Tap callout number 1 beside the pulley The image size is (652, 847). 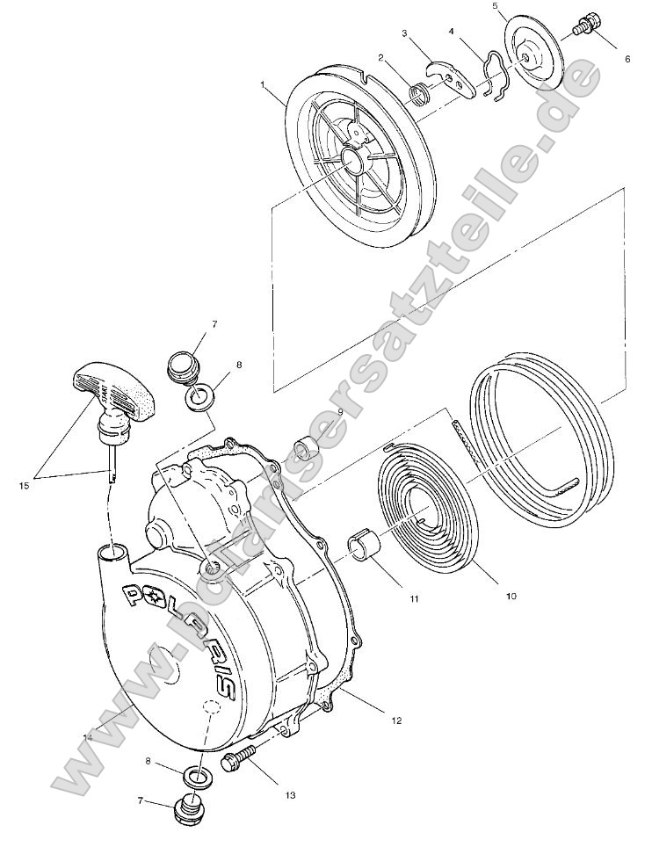[x=263, y=84]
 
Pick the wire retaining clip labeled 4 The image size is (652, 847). [x=492, y=75]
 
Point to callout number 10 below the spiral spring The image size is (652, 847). [x=511, y=596]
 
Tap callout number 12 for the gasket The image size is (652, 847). [x=396, y=720]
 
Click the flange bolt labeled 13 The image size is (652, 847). [x=238, y=757]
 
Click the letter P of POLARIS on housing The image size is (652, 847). [x=129, y=597]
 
